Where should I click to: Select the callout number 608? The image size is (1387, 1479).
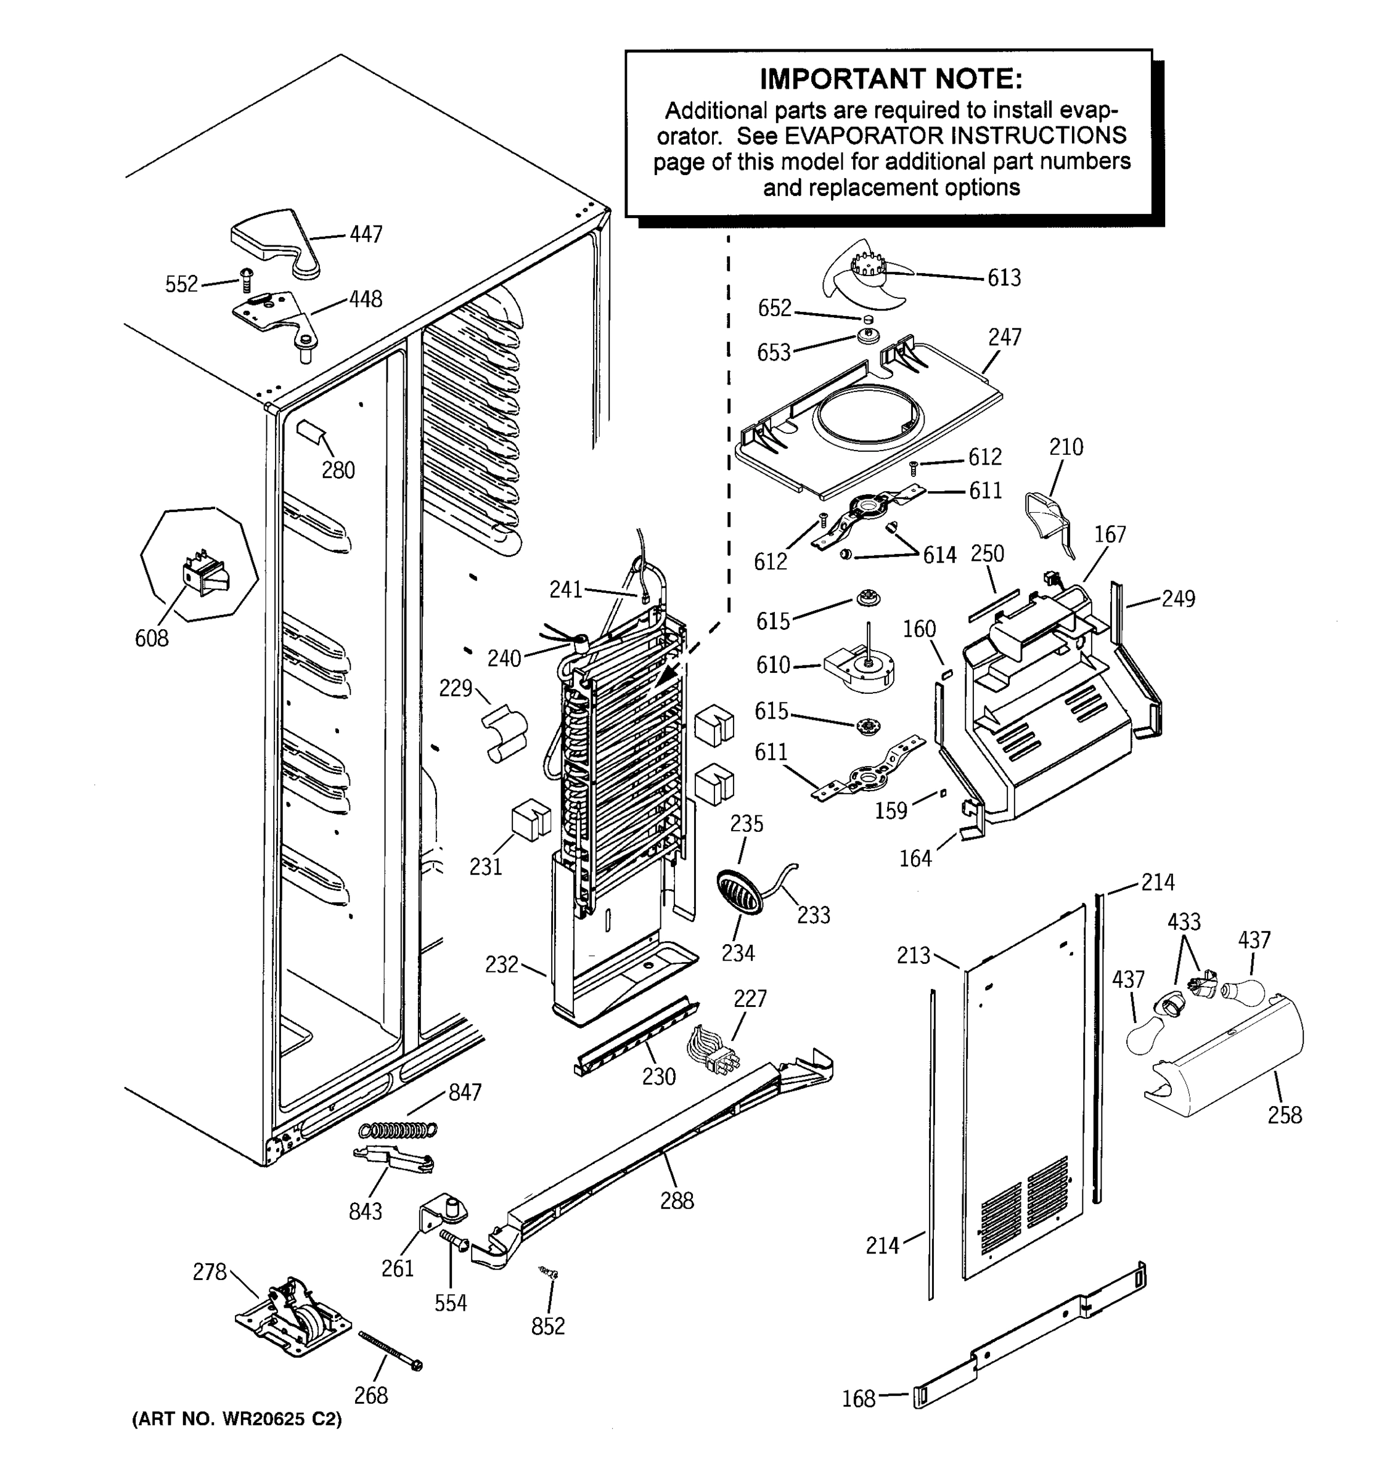click(151, 638)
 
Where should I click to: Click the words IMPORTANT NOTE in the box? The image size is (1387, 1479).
click(890, 79)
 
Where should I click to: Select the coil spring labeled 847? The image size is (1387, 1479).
click(398, 1130)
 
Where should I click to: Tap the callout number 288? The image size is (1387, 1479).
click(676, 1200)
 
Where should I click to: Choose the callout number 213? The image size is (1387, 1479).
click(913, 955)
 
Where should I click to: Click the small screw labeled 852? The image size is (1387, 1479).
click(549, 1274)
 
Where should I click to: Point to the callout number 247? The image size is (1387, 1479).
click(1005, 337)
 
